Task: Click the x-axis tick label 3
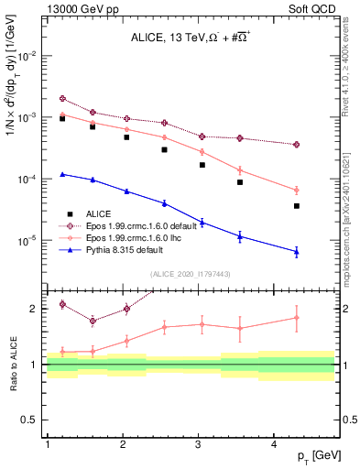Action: tap(199, 444)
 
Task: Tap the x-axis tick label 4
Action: tap(275, 444)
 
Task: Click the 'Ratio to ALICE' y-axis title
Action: tap(12, 364)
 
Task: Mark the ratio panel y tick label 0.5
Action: tap(34, 420)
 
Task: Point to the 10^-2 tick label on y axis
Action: tap(29, 56)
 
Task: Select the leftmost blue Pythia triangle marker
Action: tap(62, 174)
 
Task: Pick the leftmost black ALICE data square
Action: tap(62, 118)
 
